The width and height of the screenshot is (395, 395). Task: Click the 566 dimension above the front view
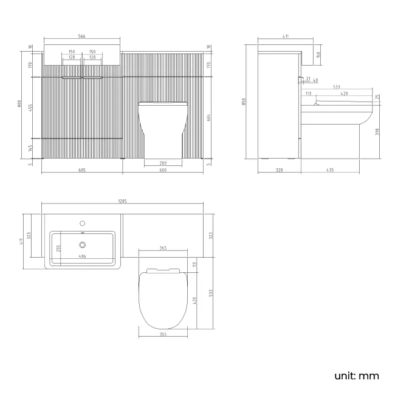coord(83,36)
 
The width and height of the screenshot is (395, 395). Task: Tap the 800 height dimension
coord(20,104)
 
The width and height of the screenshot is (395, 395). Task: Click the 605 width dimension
coord(82,170)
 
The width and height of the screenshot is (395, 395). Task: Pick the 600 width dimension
coord(163,170)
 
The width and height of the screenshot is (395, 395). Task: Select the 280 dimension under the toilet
coord(162,162)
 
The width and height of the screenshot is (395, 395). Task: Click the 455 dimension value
coord(30,107)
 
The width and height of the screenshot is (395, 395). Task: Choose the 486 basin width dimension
coord(82,257)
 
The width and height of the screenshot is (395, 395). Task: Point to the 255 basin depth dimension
coord(59,247)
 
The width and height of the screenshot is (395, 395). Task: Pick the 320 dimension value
coord(279,170)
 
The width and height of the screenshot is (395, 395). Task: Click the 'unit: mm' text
coord(356,376)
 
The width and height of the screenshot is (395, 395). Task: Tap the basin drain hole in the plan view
coord(83,245)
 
